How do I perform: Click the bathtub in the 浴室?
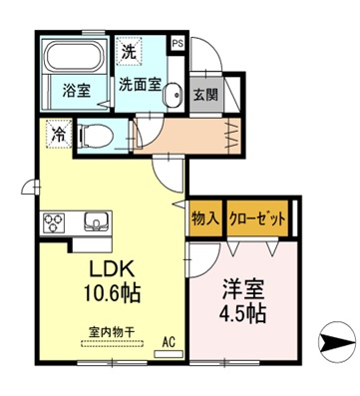click(x=74, y=56)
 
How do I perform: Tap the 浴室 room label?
click(x=77, y=90)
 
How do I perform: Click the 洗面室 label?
click(x=140, y=85)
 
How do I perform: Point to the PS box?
click(x=178, y=44)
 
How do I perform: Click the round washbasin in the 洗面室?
click(x=173, y=95)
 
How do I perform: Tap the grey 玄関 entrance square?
click(x=206, y=96)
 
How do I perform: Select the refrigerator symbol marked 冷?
click(x=59, y=134)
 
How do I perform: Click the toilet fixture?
click(x=95, y=137)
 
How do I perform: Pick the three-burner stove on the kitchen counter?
click(x=54, y=222)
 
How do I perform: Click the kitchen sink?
click(x=96, y=221)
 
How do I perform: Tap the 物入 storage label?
click(x=205, y=218)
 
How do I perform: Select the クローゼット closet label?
click(x=257, y=218)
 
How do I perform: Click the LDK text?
click(x=113, y=269)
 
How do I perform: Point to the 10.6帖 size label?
click(x=112, y=292)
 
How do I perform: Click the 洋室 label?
click(x=243, y=290)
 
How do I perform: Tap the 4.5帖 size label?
click(x=242, y=313)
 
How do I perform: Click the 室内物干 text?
click(x=112, y=331)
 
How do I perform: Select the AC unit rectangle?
click(x=169, y=354)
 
